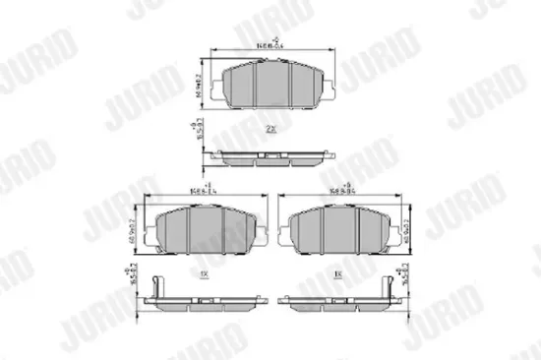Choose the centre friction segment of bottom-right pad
coord(336,229)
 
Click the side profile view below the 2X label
coord(270,155)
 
